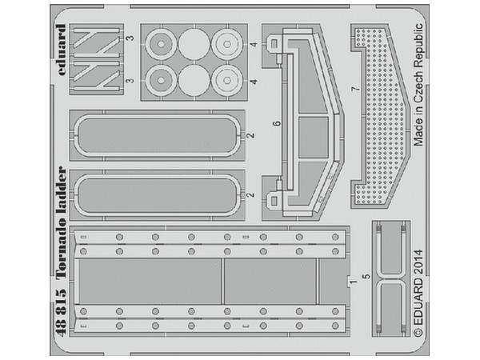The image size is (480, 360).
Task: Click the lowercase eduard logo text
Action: [62, 50]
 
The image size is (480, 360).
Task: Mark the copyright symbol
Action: [418, 331]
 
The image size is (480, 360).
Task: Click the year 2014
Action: [418, 263]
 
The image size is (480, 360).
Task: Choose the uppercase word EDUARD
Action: [418, 302]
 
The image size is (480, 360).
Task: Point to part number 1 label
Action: [354, 282]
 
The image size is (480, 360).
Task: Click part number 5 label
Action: [366, 277]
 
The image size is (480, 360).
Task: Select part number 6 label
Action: [277, 123]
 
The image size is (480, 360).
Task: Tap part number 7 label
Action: [355, 89]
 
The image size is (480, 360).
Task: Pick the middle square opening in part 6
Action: [313, 137]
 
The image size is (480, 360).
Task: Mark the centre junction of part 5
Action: [390, 278]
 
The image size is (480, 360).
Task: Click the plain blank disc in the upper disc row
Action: [194, 44]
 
